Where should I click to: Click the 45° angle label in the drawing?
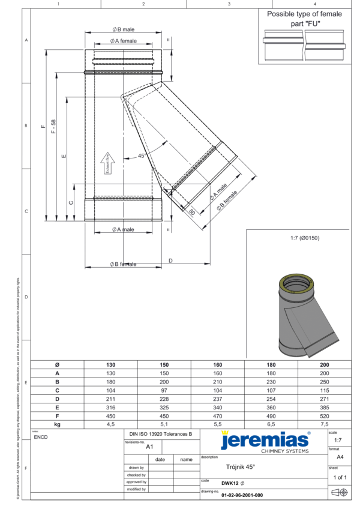click(x=142, y=155)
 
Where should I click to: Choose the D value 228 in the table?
click(x=164, y=398)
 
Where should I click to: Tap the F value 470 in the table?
click(x=217, y=415)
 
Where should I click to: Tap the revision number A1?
click(x=150, y=447)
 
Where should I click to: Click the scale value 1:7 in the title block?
click(x=338, y=440)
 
